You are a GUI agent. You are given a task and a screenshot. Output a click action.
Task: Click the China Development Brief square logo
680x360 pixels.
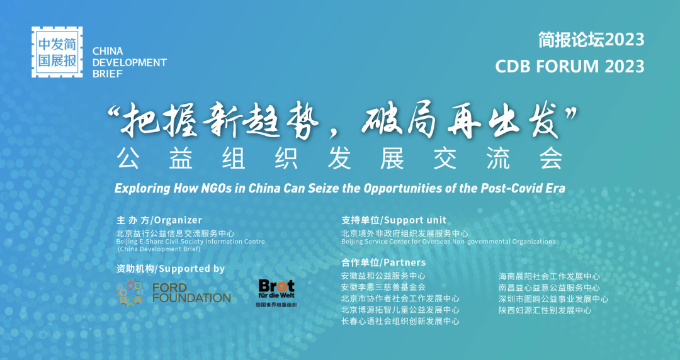(57, 52)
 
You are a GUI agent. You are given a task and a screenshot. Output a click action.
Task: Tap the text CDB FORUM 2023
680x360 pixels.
(570, 67)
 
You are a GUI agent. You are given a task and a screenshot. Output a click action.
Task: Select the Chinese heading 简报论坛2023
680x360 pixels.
(591, 40)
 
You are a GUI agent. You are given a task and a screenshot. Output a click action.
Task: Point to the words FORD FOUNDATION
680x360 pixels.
(191, 293)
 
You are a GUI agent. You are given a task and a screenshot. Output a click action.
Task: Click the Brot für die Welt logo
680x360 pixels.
(276, 293)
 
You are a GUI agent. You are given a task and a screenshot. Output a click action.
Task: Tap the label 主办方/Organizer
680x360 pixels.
(159, 220)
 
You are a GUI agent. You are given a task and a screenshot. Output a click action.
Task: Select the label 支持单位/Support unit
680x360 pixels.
(394, 220)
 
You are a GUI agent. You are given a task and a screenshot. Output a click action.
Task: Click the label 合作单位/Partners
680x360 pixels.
(383, 262)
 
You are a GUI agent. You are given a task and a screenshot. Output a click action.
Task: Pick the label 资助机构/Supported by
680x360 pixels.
(171, 269)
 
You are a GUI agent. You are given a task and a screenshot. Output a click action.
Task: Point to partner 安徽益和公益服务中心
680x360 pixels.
(383, 276)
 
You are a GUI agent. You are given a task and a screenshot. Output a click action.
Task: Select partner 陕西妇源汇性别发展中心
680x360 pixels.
(545, 310)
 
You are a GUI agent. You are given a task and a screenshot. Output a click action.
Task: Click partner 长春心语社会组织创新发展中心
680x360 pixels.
(400, 322)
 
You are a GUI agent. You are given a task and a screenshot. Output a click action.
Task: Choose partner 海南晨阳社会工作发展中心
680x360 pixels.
(550, 276)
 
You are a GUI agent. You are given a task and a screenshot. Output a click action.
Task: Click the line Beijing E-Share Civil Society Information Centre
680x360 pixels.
(190, 242)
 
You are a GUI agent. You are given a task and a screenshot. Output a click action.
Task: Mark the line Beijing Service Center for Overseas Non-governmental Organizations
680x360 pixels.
(448, 242)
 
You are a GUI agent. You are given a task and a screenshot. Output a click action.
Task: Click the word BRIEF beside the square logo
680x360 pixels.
(108, 74)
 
